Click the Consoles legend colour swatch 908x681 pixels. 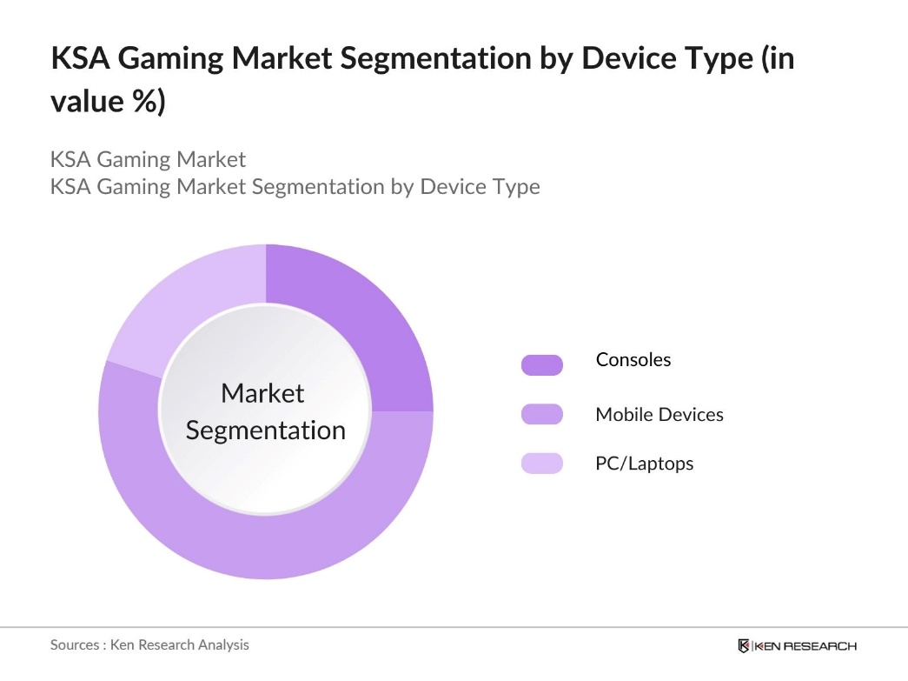pos(541,365)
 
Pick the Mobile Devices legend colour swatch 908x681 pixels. pos(541,415)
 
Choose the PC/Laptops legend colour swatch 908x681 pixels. pos(541,464)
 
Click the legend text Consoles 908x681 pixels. pos(633,360)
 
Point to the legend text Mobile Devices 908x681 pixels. pos(659,415)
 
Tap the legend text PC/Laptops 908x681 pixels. pos(644,464)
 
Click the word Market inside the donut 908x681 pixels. pos(262,393)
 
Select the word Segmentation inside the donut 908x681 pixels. pos(266,431)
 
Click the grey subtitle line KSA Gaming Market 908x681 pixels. pos(148,160)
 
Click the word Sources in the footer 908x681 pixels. pos(75,645)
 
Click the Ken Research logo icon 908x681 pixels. pos(744,645)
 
